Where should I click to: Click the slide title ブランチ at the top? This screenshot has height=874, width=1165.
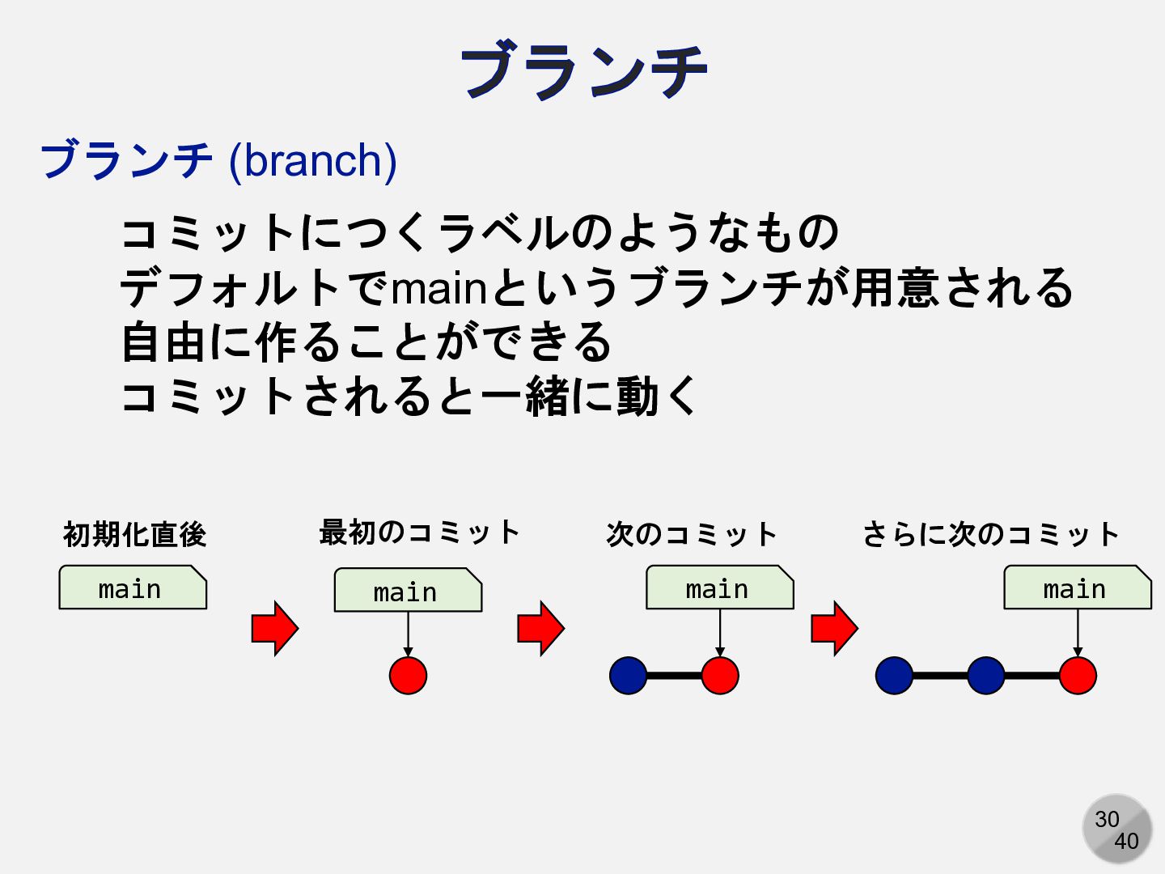click(582, 71)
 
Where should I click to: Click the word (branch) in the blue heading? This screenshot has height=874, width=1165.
click(313, 160)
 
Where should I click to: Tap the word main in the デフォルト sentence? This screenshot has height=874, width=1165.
click(439, 289)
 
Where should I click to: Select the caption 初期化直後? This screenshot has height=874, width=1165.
click(134, 534)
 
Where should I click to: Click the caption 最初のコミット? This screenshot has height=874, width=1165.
click(418, 532)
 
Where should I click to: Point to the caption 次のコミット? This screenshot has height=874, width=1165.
click(692, 534)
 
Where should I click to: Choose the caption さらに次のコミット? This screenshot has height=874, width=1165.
click(990, 534)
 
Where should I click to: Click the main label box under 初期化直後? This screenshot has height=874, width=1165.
click(133, 588)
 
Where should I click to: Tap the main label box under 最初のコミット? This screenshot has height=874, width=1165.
click(408, 591)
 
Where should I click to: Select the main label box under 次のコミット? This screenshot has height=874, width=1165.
click(719, 588)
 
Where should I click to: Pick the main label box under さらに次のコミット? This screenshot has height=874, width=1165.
click(1077, 588)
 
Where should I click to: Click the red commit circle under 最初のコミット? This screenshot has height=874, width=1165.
click(408, 676)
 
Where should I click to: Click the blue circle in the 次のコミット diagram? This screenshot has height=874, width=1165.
click(629, 676)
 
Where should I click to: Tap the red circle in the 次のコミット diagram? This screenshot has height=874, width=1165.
click(720, 676)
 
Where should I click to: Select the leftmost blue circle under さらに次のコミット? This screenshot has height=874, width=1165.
click(894, 676)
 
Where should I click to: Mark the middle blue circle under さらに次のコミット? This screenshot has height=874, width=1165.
click(985, 676)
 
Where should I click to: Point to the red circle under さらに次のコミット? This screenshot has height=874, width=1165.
click(1078, 676)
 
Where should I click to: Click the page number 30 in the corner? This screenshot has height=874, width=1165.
click(1107, 819)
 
